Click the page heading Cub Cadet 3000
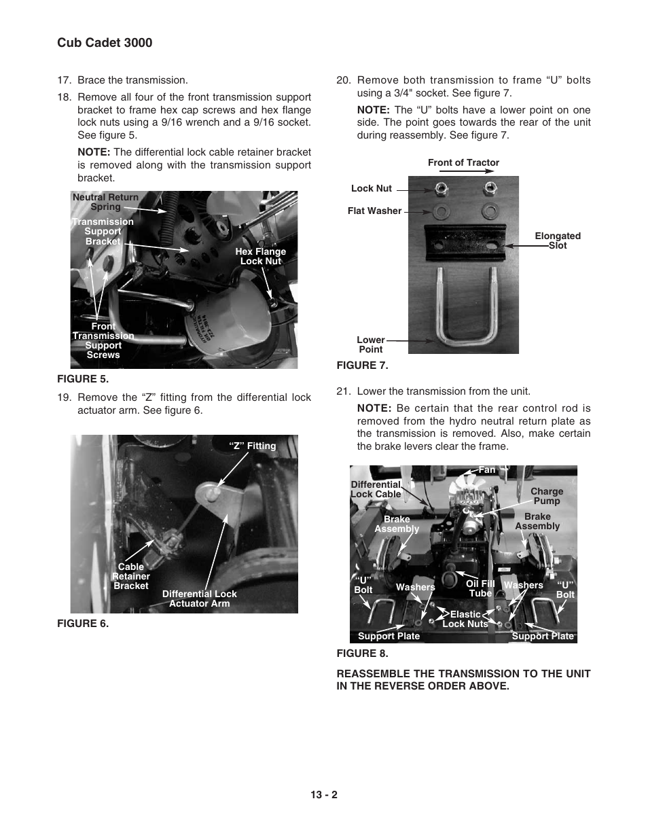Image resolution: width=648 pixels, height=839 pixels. pyautogui.click(x=105, y=43)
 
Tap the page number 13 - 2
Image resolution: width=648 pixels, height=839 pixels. pyautogui.click(x=324, y=795)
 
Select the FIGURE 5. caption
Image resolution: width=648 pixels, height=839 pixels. pyautogui.click(x=83, y=379)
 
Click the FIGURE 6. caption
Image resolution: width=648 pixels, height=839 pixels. pyautogui.click(x=83, y=624)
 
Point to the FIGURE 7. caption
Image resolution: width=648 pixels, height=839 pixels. pyautogui.click(x=362, y=365)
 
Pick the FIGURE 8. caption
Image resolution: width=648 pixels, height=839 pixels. pyautogui.click(x=362, y=654)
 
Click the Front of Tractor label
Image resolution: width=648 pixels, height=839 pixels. pyautogui.click(x=463, y=163)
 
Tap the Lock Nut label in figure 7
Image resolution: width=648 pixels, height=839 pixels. pyautogui.click(x=372, y=189)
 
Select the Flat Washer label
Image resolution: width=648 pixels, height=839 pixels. pyautogui.click(x=374, y=211)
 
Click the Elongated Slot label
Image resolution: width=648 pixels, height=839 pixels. pyautogui.click(x=557, y=241)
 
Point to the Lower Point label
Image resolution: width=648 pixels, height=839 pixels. pyautogui.click(x=371, y=344)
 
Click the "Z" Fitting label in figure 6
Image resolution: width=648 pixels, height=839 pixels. pyautogui.click(x=253, y=446)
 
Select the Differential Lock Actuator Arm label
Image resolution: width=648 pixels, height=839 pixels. pyautogui.click(x=199, y=599)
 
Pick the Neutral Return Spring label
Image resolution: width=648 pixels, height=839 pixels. pyautogui.click(x=105, y=202)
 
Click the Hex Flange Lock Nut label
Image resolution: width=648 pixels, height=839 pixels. pyautogui.click(x=260, y=256)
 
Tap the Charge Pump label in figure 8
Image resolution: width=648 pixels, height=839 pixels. pyautogui.click(x=547, y=496)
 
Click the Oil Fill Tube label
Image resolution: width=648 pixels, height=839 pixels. pyautogui.click(x=480, y=588)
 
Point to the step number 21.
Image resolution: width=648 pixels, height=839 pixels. pyautogui.click(x=343, y=391)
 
